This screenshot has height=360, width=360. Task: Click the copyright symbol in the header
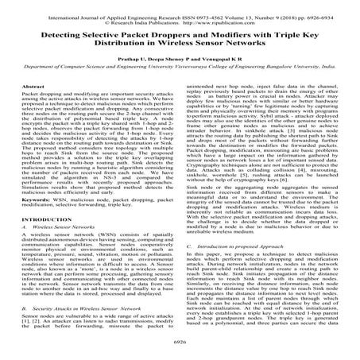point(115,14)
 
